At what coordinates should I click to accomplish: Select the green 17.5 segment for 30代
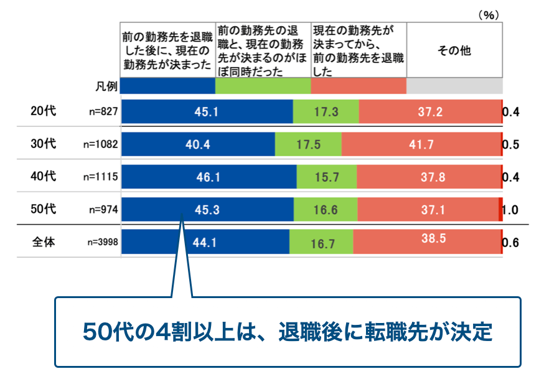tap(308, 144)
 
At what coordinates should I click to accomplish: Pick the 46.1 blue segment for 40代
tap(209, 177)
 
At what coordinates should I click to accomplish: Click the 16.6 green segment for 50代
tap(326, 210)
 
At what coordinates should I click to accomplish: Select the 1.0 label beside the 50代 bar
tap(510, 210)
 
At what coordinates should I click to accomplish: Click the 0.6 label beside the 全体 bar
tap(510, 243)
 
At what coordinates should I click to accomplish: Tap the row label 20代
tap(44, 112)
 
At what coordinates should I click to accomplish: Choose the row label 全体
tap(44, 242)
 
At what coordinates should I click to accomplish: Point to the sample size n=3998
tap(101, 243)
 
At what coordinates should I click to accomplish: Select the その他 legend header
tap(454, 52)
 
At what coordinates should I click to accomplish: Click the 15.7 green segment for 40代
tap(326, 177)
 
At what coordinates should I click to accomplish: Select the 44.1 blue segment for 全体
tap(205, 242)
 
